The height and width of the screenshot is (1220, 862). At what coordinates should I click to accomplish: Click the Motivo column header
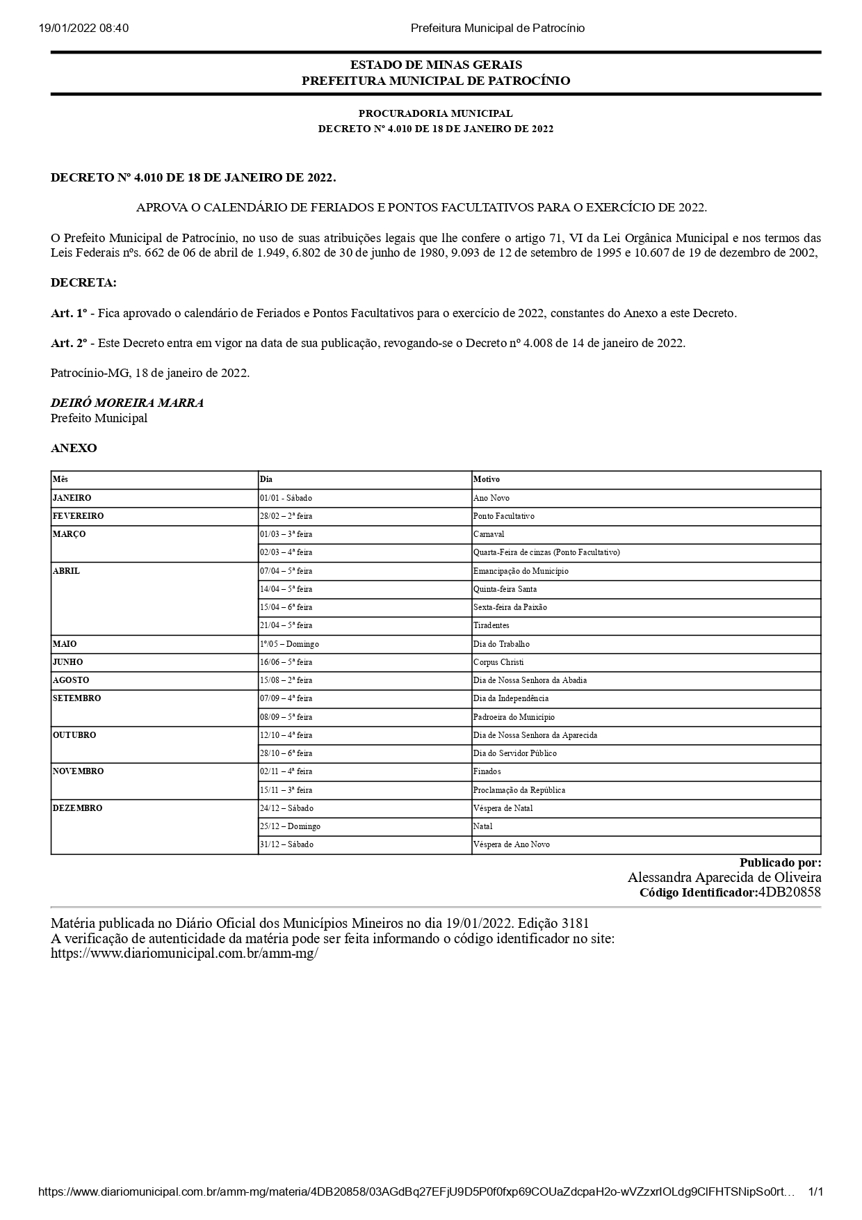point(487,479)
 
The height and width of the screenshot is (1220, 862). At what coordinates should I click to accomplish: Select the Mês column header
point(60,479)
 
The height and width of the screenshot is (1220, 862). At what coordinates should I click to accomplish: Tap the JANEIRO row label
point(72,498)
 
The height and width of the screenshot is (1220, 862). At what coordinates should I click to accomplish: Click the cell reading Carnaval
point(489,534)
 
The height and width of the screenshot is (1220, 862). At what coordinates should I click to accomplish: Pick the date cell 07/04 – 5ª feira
point(286,571)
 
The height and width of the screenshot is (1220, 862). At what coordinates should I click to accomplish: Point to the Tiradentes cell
point(491,625)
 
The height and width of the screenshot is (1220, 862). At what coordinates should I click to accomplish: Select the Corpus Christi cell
point(498,662)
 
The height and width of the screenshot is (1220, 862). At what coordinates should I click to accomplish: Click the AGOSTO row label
point(71,680)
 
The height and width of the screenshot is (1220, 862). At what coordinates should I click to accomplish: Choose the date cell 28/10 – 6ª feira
point(286,753)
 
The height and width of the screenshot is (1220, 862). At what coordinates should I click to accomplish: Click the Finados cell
point(487,771)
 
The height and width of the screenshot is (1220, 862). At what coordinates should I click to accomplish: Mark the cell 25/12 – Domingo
point(290,826)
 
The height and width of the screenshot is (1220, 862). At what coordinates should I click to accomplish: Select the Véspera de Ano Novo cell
point(512,844)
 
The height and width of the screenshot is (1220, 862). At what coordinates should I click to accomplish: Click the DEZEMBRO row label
point(78,808)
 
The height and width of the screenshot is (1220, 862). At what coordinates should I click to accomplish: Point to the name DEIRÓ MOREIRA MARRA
point(127,403)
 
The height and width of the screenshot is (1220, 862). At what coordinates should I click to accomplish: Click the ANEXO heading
point(74,449)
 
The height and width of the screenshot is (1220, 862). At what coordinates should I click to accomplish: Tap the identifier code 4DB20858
point(789,892)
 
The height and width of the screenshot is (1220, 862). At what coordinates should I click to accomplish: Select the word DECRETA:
point(83,283)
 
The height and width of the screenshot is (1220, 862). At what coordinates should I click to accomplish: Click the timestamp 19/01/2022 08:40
point(84,29)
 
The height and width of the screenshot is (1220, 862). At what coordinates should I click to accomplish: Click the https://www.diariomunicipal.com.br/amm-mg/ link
point(184,954)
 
